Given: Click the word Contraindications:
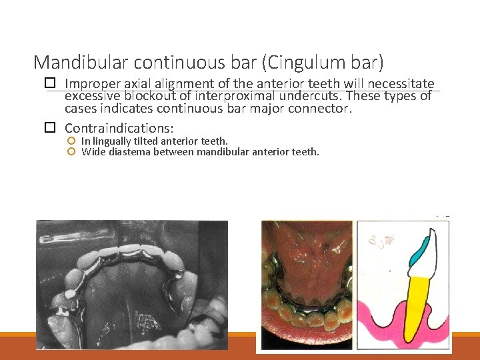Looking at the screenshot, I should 119,127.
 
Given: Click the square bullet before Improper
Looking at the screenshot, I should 49,84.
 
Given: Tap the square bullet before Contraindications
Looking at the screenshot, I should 49,127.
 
